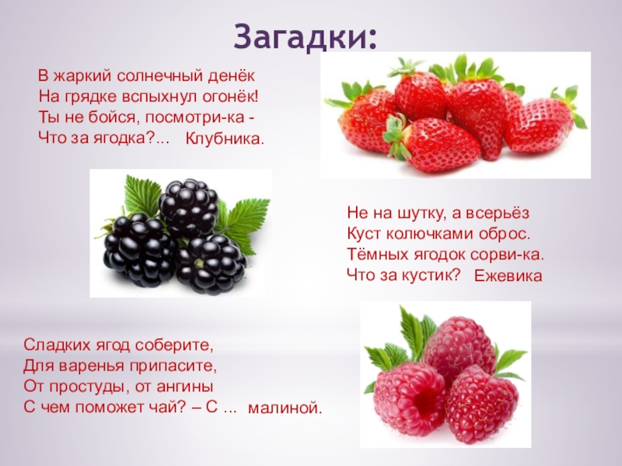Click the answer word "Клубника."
(225, 140)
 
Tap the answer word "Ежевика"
(508, 276)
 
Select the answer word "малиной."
(285, 407)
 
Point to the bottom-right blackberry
(211, 263)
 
